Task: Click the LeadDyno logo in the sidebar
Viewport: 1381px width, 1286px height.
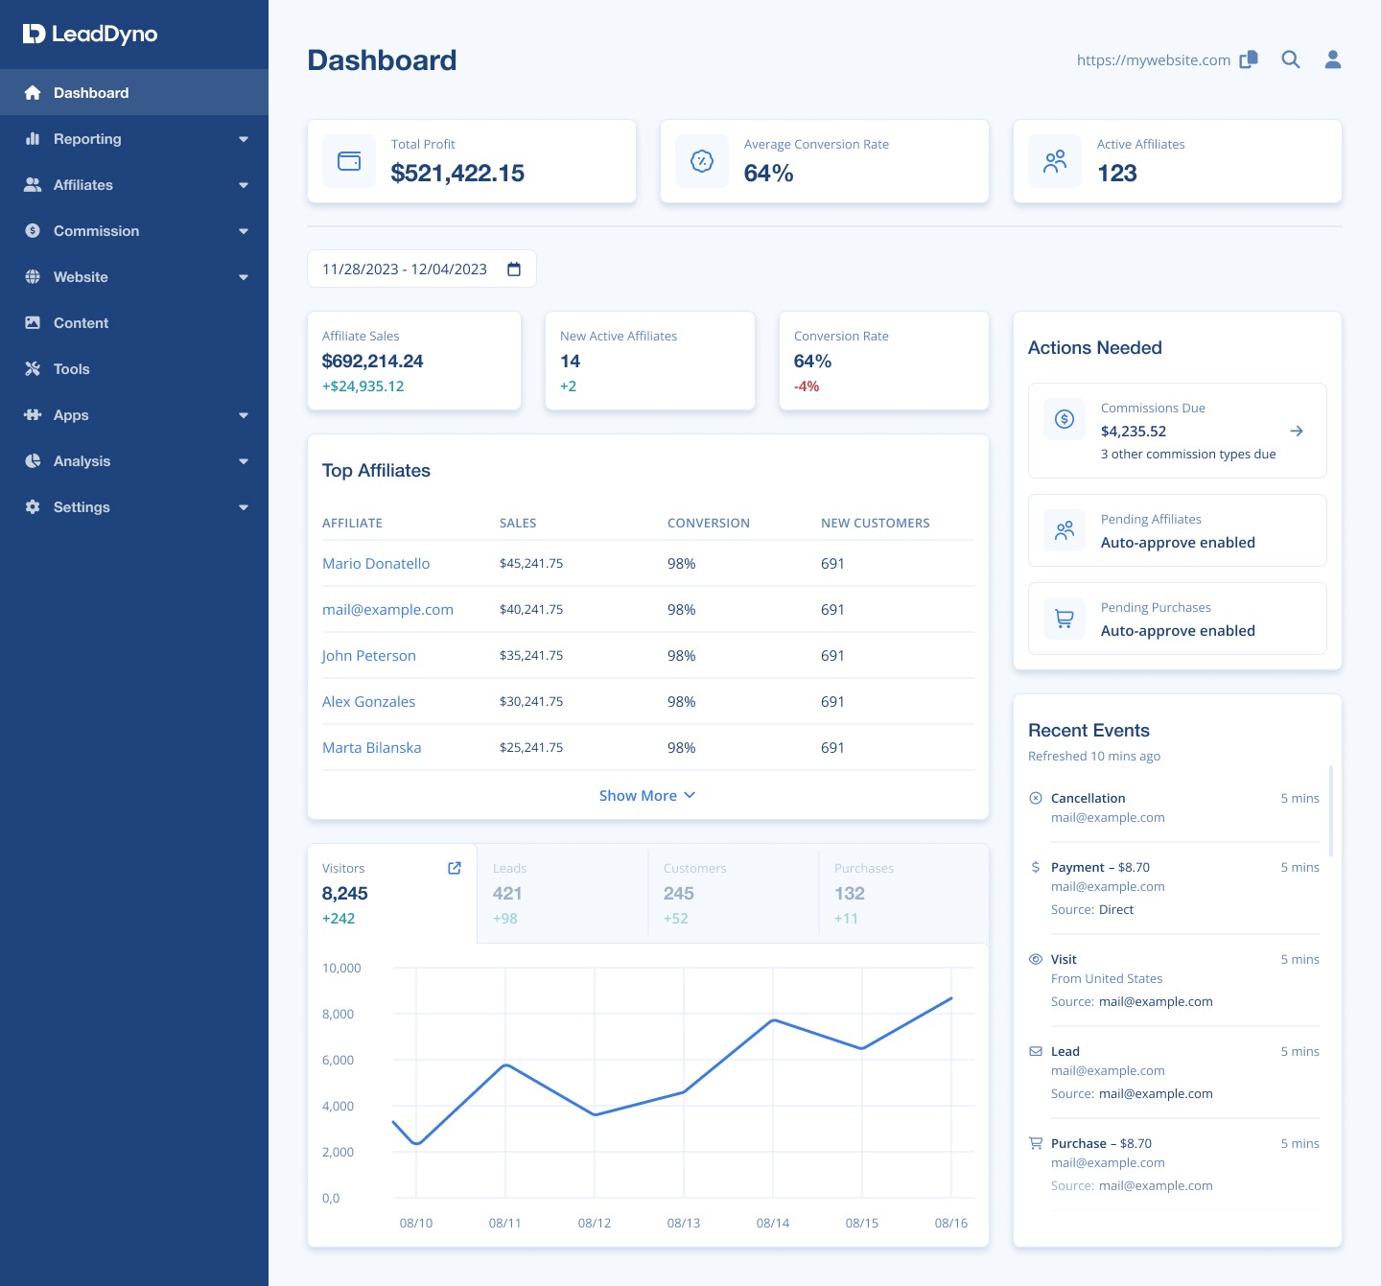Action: [x=90, y=35]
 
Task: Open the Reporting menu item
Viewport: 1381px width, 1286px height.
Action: [x=87, y=139]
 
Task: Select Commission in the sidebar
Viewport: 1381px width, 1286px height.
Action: [x=96, y=231]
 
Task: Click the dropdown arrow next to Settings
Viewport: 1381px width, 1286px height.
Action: [x=244, y=507]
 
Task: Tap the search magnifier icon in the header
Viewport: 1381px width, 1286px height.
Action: [x=1291, y=59]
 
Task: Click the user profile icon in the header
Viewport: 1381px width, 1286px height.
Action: [x=1333, y=59]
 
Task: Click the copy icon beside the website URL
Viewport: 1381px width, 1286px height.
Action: [x=1249, y=59]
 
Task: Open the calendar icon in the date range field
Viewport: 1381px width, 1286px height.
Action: [x=514, y=269]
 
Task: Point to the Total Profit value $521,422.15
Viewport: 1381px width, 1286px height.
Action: [x=457, y=174]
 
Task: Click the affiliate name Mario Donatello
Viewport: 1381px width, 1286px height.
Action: [x=376, y=564]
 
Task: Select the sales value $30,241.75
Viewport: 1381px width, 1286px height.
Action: [x=531, y=702]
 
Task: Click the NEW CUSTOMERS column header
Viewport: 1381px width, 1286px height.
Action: [x=875, y=524]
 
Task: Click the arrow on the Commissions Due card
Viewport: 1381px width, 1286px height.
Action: [x=1297, y=432]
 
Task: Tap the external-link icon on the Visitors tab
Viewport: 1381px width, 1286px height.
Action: [x=455, y=868]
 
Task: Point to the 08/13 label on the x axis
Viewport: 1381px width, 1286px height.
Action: [x=684, y=1224]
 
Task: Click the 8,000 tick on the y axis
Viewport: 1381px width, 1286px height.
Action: [x=338, y=1015]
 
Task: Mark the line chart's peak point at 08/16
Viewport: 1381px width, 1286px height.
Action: [x=951, y=998]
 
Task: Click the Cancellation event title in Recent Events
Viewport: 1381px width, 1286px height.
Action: [x=1088, y=799]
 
